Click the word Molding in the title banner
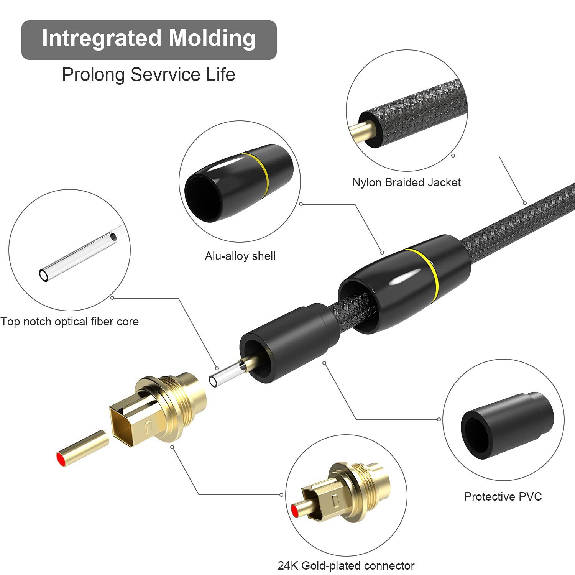[x=212, y=38]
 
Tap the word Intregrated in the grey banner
[x=102, y=38]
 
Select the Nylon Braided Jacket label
[x=406, y=182]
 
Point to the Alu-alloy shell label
[x=240, y=256]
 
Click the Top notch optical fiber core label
[x=69, y=322]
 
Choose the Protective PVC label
[x=503, y=497]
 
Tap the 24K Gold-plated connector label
[x=346, y=566]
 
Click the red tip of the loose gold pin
[x=60, y=459]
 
